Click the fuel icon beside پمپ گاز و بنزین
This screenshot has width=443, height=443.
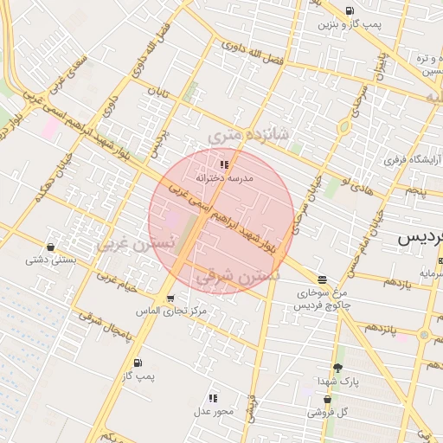(350, 11)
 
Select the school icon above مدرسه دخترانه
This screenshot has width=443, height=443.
(224, 164)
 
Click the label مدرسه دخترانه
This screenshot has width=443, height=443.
(224, 177)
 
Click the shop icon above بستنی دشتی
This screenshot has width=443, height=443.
(50, 247)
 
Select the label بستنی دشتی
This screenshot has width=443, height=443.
(50, 259)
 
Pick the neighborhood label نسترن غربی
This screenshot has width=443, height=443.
(135, 244)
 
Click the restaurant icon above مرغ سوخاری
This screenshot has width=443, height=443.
(323, 279)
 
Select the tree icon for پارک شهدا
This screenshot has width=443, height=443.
(337, 367)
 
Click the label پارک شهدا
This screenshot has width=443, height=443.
(337, 381)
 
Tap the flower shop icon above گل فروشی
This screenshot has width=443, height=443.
(328, 400)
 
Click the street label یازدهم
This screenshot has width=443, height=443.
(396, 282)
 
